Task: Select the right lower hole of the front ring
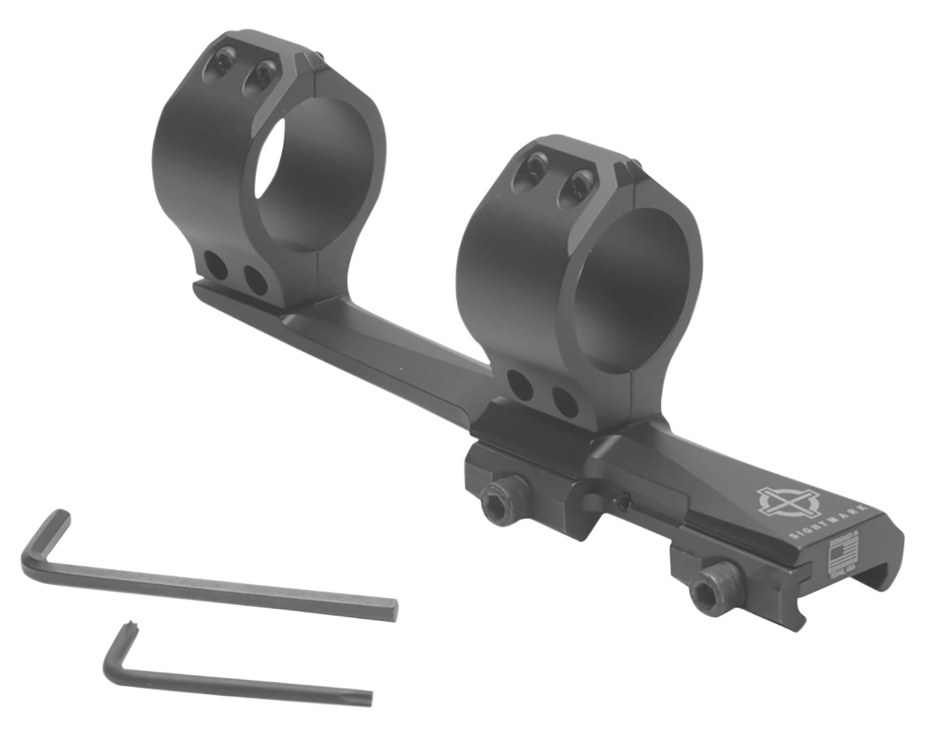tap(565, 401)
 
